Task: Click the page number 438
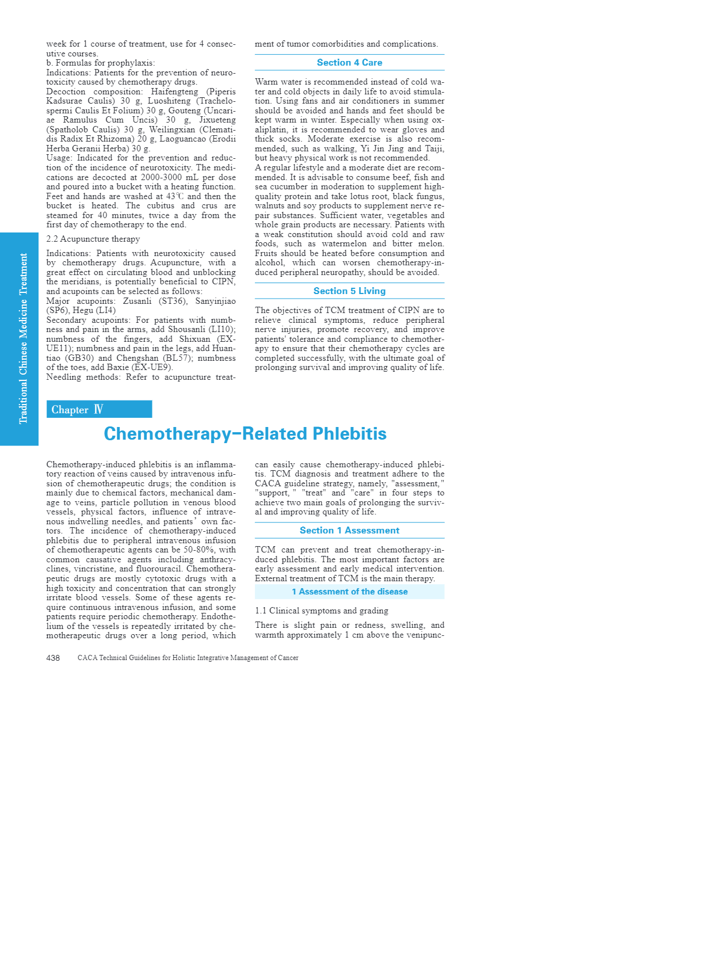[53, 658]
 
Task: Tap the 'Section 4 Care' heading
[349, 63]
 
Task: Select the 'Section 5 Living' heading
[349, 291]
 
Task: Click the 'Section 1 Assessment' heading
[349, 531]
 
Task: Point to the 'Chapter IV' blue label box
[99, 409]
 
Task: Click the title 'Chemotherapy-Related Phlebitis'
[245, 434]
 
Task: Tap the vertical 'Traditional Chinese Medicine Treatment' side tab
[22, 339]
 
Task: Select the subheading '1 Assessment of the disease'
[349, 592]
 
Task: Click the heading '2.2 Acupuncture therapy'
[93, 239]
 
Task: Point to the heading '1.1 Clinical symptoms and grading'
[322, 611]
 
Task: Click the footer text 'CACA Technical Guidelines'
[188, 658]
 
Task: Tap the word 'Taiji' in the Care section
[433, 148]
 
